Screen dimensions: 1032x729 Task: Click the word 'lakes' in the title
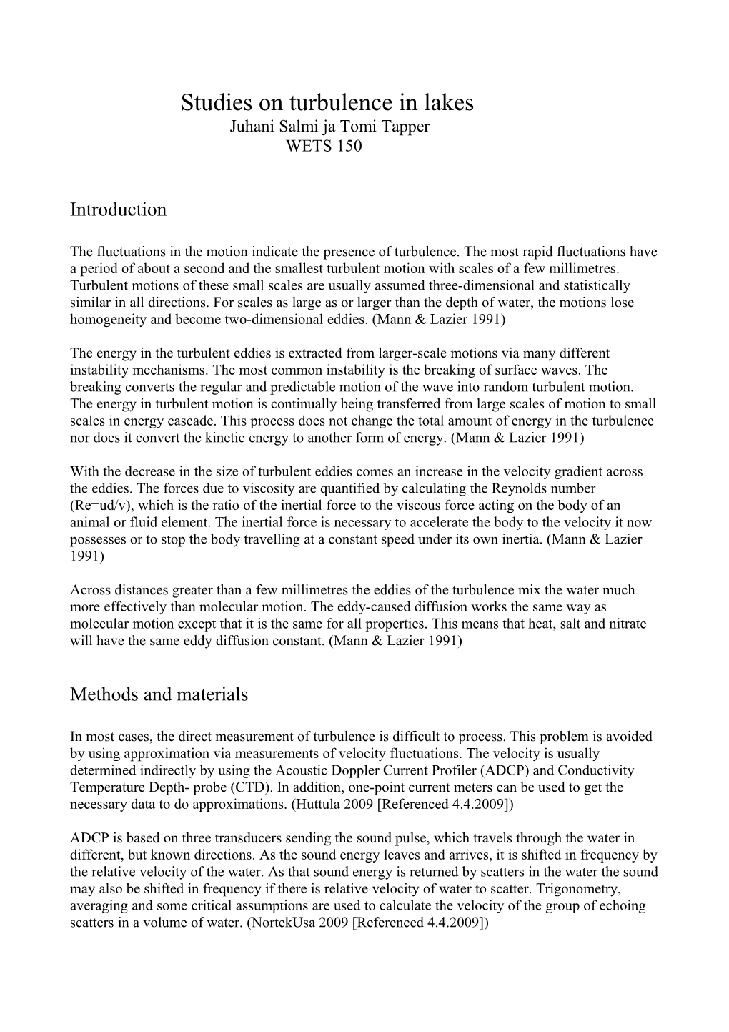(446, 104)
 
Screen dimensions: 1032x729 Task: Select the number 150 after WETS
(349, 147)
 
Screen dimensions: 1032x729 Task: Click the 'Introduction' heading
(118, 210)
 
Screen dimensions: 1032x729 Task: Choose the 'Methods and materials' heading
(159, 694)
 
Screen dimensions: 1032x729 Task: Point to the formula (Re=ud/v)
(102, 506)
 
